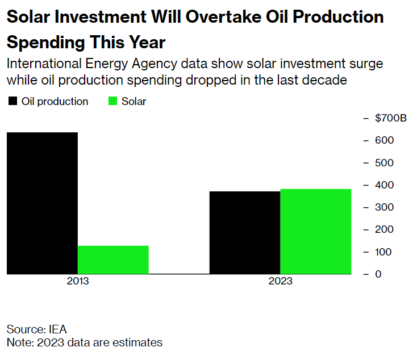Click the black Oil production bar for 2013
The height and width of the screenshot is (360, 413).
click(42, 203)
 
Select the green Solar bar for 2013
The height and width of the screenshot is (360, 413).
click(113, 259)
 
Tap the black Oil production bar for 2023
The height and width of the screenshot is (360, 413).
click(245, 232)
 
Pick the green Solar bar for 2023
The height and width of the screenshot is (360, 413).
click(315, 231)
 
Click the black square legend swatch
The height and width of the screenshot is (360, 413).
click(12, 102)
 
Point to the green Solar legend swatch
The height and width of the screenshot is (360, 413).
click(112, 102)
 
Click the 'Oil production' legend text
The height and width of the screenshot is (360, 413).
click(55, 102)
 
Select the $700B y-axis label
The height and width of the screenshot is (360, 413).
click(391, 118)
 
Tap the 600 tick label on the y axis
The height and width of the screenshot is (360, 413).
click(384, 140)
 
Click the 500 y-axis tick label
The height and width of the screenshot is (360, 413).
click(384, 163)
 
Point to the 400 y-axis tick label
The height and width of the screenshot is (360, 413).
click(384, 185)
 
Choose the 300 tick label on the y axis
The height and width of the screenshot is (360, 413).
click(384, 207)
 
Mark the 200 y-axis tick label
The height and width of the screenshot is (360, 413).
click(384, 229)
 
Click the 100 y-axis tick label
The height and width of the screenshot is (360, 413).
click(384, 252)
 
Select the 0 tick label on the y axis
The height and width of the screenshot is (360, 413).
click(378, 274)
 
